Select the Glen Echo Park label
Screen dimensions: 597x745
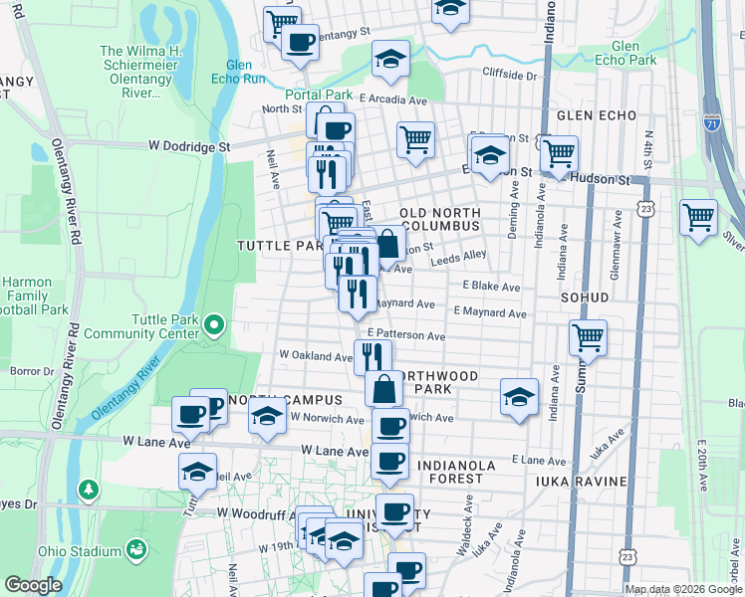tap(633, 53)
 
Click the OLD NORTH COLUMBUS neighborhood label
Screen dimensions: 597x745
tap(439, 219)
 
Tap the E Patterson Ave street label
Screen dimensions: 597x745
tap(405, 336)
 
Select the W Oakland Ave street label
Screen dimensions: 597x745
tap(316, 355)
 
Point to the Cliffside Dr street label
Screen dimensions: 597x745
tap(509, 75)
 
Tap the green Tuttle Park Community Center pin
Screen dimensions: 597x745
tap(214, 324)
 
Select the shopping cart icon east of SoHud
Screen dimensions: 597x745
tap(588, 337)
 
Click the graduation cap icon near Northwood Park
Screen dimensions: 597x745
tap(519, 396)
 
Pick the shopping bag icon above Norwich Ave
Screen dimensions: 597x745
tap(383, 389)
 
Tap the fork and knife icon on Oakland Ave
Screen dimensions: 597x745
tap(372, 356)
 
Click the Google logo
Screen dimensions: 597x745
tap(33, 585)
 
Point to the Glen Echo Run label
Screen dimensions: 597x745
tap(239, 72)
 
